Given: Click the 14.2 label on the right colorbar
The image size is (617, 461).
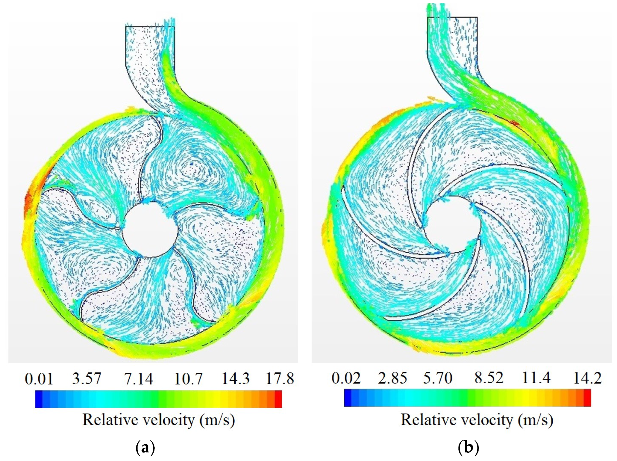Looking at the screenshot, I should coord(587,378).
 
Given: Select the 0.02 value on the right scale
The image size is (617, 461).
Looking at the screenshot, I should coord(346,378).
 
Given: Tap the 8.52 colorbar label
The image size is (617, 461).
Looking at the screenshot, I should coord(489,378).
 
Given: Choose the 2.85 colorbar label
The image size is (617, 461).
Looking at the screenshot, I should coord(392,378).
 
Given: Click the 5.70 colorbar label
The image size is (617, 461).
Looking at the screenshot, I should coord(438,378).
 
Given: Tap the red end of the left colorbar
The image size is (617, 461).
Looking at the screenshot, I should coord(278,399).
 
